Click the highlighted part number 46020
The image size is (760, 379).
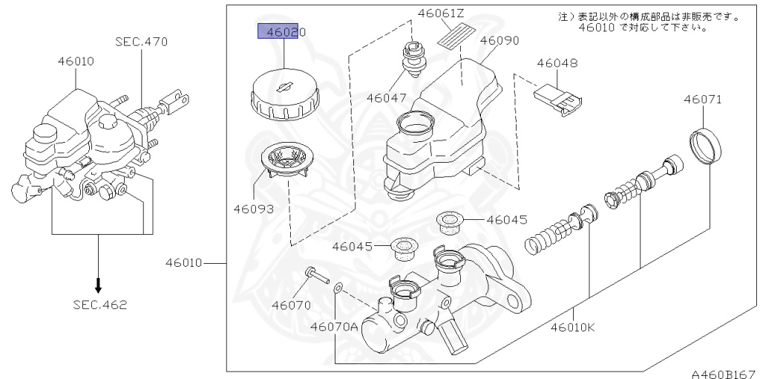(286, 33)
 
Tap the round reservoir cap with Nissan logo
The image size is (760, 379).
(284, 94)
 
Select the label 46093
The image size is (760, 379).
(254, 209)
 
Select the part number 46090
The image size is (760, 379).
(499, 40)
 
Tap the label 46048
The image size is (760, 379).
(557, 63)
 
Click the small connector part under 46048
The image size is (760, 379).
(558, 100)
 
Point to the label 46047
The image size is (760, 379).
(386, 97)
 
